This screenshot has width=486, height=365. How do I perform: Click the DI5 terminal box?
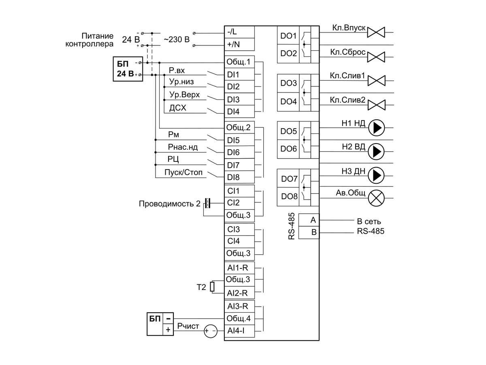pyautogui.click(x=239, y=140)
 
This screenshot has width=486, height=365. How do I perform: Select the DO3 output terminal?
pyautogui.click(x=288, y=83)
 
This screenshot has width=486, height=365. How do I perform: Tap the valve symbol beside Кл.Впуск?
pyautogui.click(x=376, y=32)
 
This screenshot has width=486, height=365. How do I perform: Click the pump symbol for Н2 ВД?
pyautogui.click(x=376, y=152)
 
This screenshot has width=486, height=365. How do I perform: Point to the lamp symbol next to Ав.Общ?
pyautogui.click(x=376, y=198)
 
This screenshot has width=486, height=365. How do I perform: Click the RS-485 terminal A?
pyautogui.click(x=309, y=220)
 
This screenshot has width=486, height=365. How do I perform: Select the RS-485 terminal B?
pyautogui.click(x=309, y=232)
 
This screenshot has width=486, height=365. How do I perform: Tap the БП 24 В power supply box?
pyautogui.click(x=128, y=69)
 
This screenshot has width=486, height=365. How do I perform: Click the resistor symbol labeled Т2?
pyautogui.click(x=212, y=287)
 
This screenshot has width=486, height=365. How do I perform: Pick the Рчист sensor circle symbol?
pyautogui.click(x=210, y=331)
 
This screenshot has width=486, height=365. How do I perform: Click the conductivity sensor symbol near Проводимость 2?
pyautogui.click(x=207, y=203)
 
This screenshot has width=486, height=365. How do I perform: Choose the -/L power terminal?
pyautogui.click(x=239, y=32)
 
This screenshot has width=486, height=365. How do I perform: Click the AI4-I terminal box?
pyautogui.click(x=239, y=331)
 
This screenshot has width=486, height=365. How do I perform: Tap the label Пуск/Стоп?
pyautogui.click(x=183, y=172)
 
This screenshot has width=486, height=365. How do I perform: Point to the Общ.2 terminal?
pyautogui.click(x=239, y=127)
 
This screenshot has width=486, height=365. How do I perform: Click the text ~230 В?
pyautogui.click(x=177, y=39)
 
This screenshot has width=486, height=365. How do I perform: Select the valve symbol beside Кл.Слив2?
pyautogui.click(x=376, y=105)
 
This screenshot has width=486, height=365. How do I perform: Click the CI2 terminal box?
pyautogui.click(x=239, y=203)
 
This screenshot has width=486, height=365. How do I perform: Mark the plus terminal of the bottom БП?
pyautogui.click(x=168, y=330)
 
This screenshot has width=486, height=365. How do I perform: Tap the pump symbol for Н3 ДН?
pyautogui.click(x=376, y=175)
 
